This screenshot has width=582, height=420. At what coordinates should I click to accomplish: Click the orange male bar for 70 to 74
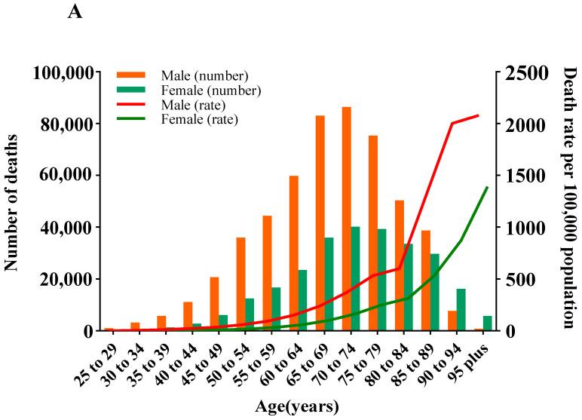click(347, 219)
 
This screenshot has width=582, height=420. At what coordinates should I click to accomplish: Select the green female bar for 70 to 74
click(355, 279)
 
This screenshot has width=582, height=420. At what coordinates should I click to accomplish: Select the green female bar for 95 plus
click(488, 323)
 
